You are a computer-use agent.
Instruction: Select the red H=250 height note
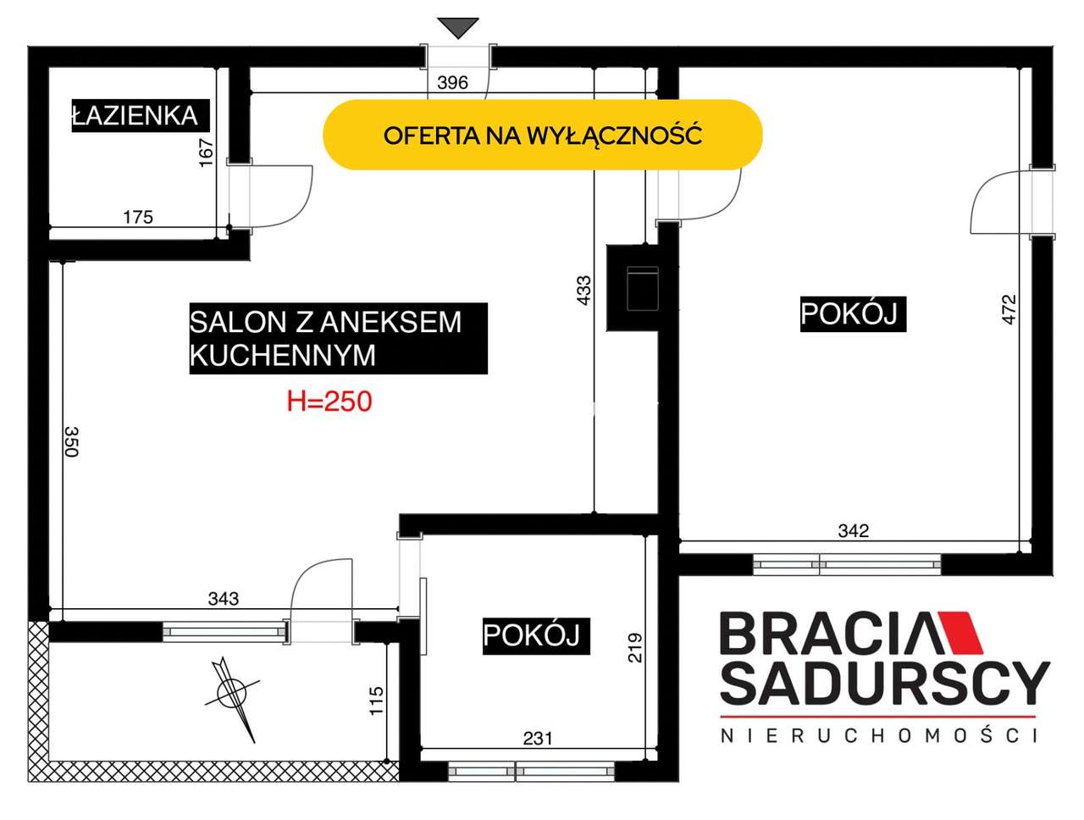point(329,402)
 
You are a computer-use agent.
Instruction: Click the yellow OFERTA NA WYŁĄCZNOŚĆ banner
point(542,135)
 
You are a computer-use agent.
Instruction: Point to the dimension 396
point(452,82)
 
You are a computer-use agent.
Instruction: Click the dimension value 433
point(583,291)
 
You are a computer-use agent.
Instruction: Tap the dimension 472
point(1009,310)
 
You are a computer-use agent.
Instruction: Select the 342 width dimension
point(854,531)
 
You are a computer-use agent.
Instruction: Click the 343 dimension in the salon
point(224,599)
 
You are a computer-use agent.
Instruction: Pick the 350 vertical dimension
point(72,442)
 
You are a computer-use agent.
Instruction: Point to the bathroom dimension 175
point(138,217)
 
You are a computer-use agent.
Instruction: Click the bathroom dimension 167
point(206,152)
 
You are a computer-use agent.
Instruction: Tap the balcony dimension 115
point(376,701)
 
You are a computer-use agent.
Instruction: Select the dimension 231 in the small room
point(538,739)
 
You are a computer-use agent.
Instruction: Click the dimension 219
point(634,647)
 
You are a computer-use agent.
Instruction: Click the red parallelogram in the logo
point(960,632)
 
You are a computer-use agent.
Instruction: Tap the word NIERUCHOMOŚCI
point(877,735)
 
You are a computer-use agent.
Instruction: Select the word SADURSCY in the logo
point(884,683)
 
